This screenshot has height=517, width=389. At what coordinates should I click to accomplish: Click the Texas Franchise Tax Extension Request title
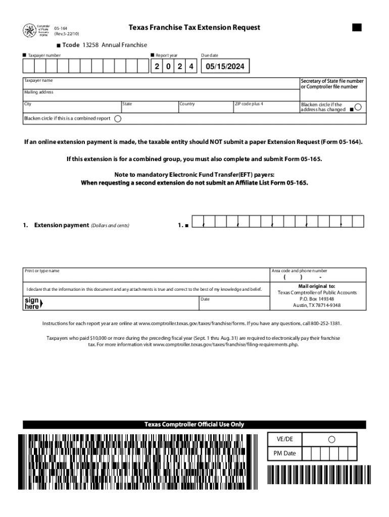click(x=194, y=27)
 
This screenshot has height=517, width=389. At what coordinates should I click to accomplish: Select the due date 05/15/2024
click(x=225, y=67)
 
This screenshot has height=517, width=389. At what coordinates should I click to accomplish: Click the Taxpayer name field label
click(x=38, y=81)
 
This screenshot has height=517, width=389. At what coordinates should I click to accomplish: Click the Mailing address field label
click(x=39, y=92)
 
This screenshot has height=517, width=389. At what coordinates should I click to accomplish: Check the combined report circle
click(x=118, y=119)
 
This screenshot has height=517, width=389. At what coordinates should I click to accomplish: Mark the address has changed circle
click(x=358, y=107)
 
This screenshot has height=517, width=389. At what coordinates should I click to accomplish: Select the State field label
click(x=127, y=104)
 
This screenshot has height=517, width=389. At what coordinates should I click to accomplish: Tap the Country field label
click(x=187, y=104)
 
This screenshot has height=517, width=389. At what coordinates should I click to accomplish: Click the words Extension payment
click(x=61, y=225)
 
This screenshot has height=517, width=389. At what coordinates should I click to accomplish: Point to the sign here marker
click(x=33, y=303)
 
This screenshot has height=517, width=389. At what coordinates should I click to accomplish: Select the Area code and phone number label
click(x=299, y=271)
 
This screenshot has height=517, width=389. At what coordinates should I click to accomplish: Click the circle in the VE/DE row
click(x=332, y=439)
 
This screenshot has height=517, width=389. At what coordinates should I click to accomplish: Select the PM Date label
click(x=284, y=453)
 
